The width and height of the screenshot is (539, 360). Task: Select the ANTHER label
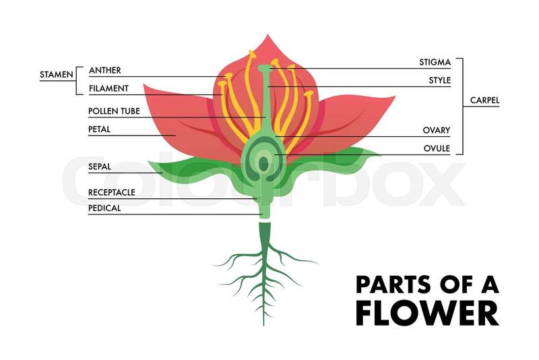[x=104, y=70]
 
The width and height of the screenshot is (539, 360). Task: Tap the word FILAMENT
[x=108, y=88]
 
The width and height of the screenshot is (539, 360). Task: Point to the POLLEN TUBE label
[x=114, y=111]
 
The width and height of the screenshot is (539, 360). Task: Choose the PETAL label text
[x=99, y=129]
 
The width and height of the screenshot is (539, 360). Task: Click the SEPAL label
[x=100, y=166]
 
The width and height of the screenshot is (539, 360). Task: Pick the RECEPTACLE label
[x=111, y=192]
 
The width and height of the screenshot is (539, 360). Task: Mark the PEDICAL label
[x=104, y=208]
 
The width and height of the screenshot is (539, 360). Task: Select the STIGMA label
[x=435, y=63]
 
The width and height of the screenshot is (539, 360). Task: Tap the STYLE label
[x=439, y=81]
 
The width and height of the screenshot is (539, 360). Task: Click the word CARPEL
[x=484, y=101]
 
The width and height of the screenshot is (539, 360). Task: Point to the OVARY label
[x=436, y=130]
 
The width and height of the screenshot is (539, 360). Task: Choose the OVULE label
[x=436, y=148]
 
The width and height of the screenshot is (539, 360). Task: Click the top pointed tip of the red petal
[x=267, y=36]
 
